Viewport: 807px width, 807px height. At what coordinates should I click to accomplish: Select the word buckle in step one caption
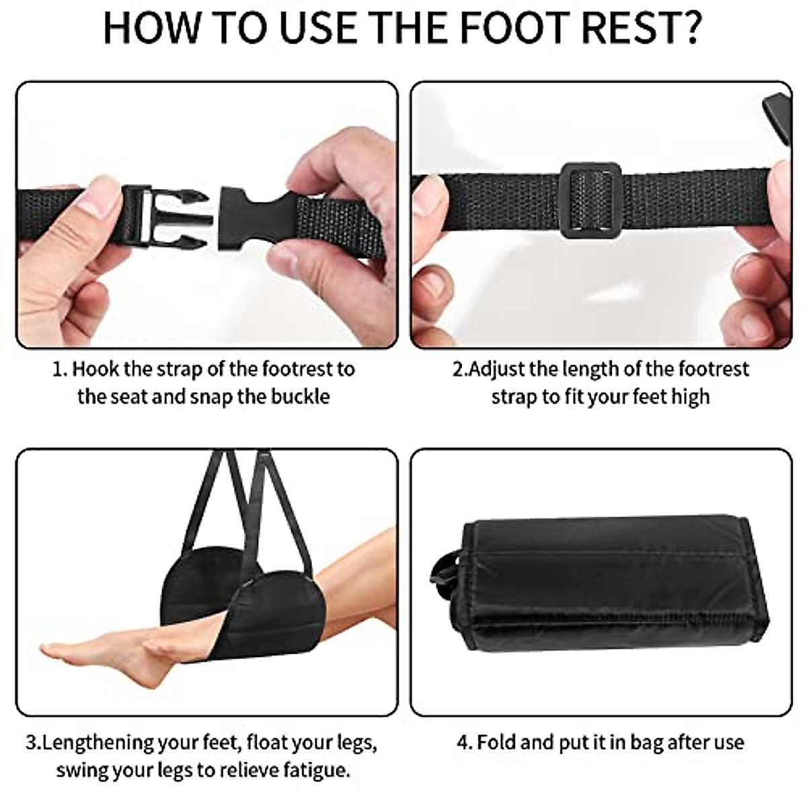[x=300, y=396]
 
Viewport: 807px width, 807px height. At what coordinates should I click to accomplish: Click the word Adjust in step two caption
[x=497, y=369]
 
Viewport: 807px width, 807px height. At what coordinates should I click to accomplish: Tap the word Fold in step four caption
[x=496, y=742]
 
